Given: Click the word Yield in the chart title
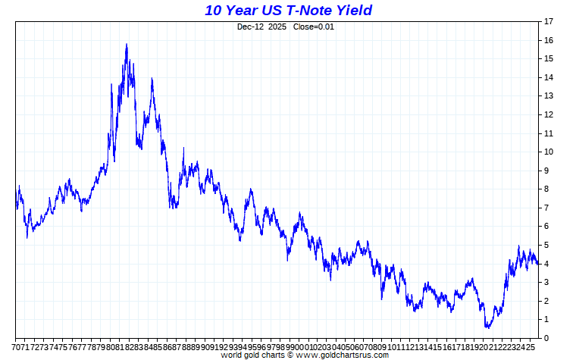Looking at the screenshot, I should tap(352, 10).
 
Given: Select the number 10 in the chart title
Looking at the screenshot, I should tap(214, 10).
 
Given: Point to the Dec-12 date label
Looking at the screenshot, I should tap(250, 27).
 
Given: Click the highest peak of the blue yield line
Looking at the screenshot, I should tap(127, 44).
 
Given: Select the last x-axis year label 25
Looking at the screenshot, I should tap(532, 346).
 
